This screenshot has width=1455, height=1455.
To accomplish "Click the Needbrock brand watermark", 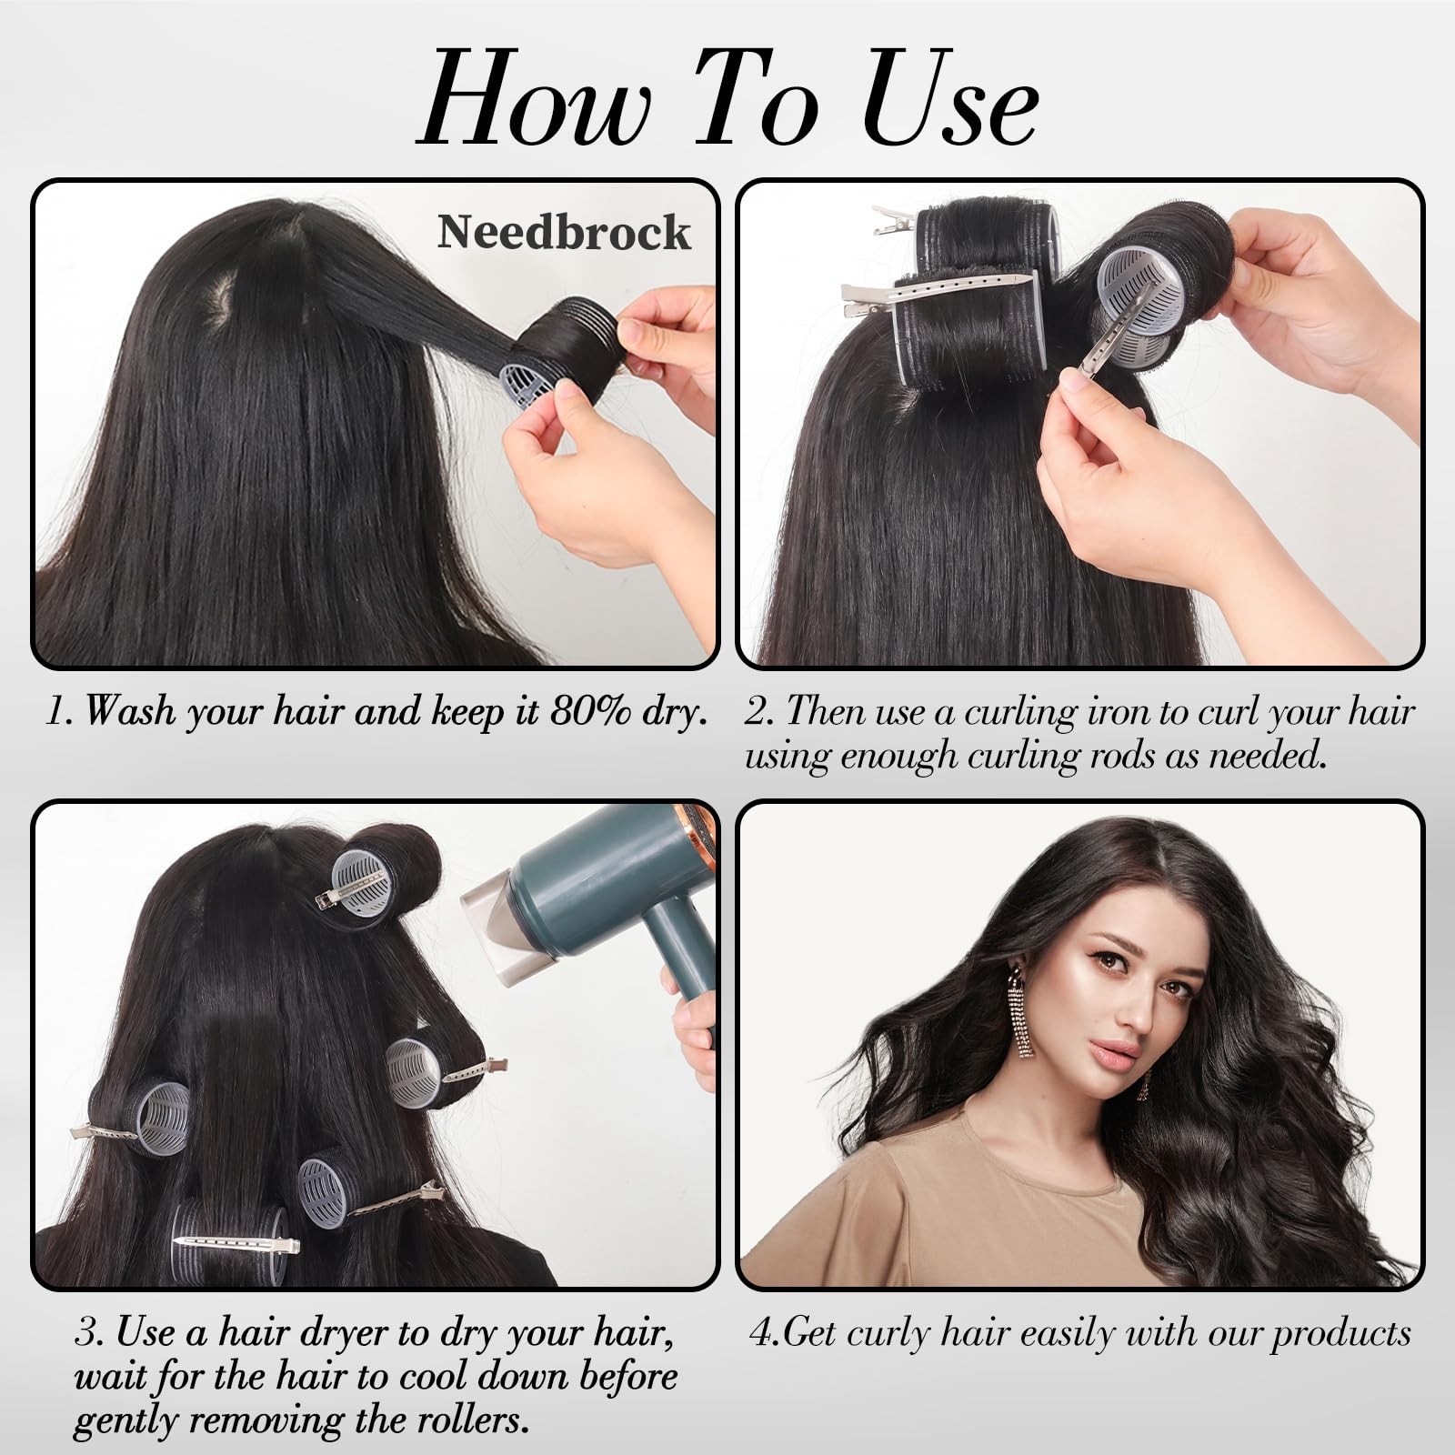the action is pyautogui.click(x=564, y=232).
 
